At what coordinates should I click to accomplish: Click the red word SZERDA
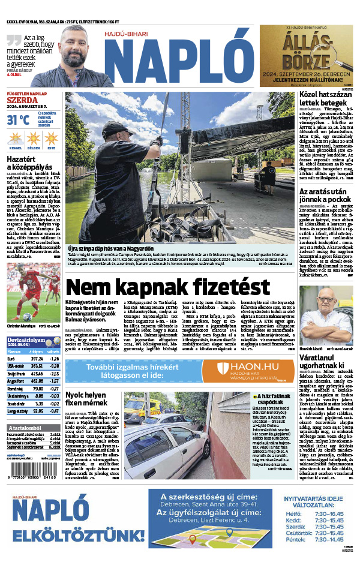coord(22,101)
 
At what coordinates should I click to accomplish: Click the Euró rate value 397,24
coord(37,359)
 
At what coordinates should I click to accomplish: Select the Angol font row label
coord(16,380)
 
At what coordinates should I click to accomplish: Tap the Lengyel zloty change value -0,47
coord(55,411)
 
